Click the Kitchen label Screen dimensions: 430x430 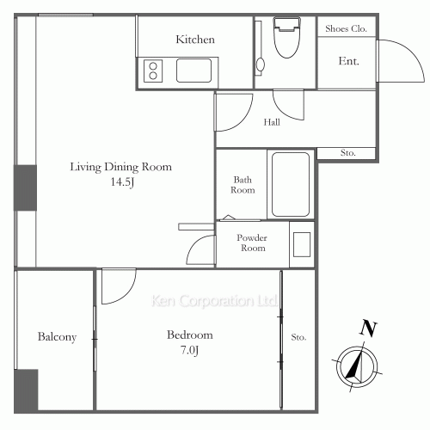[x=195, y=40]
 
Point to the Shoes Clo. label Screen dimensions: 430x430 [x=347, y=28]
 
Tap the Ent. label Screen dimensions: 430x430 [x=348, y=61]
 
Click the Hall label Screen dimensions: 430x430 [x=272, y=122]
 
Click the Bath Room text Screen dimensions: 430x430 [x=243, y=185]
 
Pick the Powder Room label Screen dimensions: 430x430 [x=253, y=243]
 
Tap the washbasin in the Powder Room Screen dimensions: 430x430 [x=302, y=244]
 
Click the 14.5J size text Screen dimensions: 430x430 [x=121, y=182]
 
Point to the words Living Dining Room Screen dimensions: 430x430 [x=121, y=167]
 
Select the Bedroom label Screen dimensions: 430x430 [x=190, y=335]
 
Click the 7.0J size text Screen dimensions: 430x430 [x=190, y=350]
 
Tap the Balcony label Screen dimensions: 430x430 [x=57, y=337]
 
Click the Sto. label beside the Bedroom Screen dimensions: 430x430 [x=298, y=336]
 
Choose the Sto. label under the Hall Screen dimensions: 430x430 [x=348, y=153]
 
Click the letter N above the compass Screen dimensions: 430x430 [x=368, y=328]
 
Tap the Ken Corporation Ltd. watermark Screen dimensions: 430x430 [x=214, y=302]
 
